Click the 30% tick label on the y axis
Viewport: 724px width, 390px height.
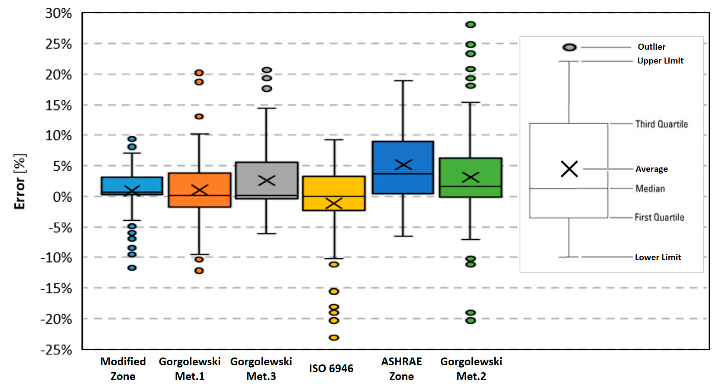(58, 14)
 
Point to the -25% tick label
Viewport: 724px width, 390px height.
(56, 350)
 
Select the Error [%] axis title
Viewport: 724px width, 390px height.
(20, 182)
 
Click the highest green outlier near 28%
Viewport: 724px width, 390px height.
(471, 25)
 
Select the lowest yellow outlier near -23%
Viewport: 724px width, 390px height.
(334, 337)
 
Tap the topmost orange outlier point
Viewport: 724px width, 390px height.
(199, 73)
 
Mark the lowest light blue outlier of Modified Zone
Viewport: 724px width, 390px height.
(132, 268)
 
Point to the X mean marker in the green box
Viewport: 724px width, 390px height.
(471, 177)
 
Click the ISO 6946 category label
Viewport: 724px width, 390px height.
(331, 368)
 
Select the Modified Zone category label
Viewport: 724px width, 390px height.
(123, 369)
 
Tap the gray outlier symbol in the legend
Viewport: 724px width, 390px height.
(569, 47)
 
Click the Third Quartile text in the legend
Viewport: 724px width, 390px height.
(662, 124)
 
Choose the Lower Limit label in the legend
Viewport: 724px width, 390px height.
(658, 257)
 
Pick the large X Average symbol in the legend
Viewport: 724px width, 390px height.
(569, 169)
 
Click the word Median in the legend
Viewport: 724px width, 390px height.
(650, 188)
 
